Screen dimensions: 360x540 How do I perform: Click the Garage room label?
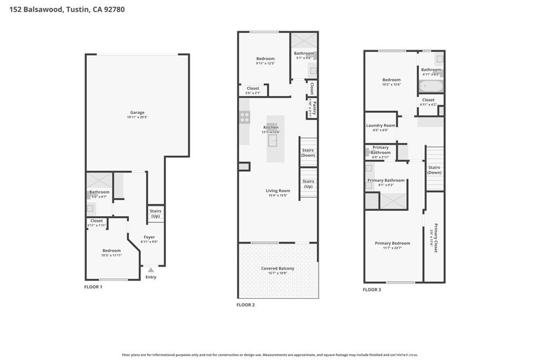(137, 112)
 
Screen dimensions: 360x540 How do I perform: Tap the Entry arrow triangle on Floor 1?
(150, 270)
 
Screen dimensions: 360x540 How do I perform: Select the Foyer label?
(150, 237)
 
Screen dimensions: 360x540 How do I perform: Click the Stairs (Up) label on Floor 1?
(156, 213)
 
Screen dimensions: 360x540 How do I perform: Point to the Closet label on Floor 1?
(97, 221)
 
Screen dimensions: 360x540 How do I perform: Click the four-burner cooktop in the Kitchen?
(245, 117)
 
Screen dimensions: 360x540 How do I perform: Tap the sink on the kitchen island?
(273, 140)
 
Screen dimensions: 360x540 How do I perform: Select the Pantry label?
(314, 109)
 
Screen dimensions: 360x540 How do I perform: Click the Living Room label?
(277, 191)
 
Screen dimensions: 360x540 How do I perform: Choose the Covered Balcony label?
(277, 268)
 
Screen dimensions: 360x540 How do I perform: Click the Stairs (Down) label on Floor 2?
(308, 153)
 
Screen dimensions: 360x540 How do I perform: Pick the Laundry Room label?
(380, 125)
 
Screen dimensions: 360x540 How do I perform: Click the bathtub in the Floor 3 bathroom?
(431, 85)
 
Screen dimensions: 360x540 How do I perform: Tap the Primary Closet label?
(436, 237)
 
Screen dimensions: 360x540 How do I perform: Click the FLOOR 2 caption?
(245, 305)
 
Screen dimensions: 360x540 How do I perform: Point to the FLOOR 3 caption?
(372, 289)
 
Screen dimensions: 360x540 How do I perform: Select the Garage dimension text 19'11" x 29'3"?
(137, 117)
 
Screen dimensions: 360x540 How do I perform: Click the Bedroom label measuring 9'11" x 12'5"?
(265, 59)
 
